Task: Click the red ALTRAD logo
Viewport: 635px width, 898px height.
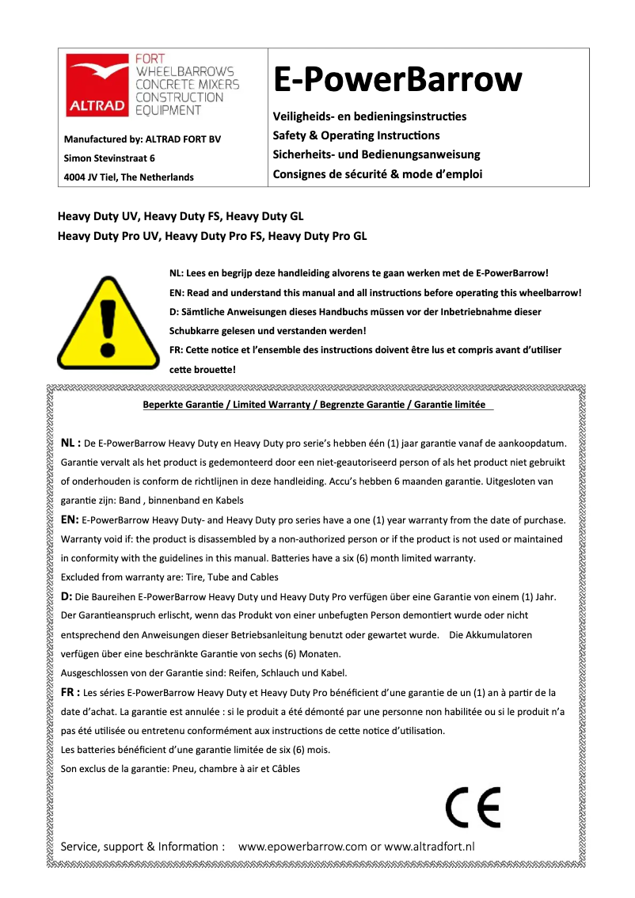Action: pos(96,85)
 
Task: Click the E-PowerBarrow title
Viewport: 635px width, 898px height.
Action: pos(397,80)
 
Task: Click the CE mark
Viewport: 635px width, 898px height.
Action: pos(473,809)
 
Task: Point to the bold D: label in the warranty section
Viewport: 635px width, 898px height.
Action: pos(67,595)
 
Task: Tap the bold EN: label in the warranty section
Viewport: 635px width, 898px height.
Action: pos(70,519)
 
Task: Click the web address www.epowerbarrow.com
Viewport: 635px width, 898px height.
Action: pos(302,847)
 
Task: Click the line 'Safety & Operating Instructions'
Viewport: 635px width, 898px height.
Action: pos(356,135)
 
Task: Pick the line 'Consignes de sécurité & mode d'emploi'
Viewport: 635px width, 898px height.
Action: pos(377,174)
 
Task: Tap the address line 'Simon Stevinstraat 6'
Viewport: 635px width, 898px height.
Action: pos(109,158)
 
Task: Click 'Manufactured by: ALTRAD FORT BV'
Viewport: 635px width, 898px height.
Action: pos(143,140)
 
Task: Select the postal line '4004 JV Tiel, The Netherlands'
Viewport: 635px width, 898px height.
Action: pos(129,177)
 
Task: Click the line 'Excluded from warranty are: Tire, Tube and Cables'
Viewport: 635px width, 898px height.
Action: pos(169,577)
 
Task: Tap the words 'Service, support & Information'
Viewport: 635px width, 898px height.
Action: pos(143,847)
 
